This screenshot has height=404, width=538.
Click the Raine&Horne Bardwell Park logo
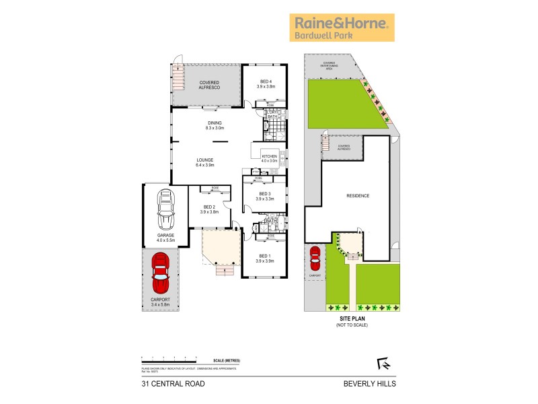(342, 27)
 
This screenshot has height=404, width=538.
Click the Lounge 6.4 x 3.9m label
(204, 162)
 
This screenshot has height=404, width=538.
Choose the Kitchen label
(269, 158)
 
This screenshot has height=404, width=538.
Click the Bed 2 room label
(208, 209)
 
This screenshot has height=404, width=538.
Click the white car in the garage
(165, 210)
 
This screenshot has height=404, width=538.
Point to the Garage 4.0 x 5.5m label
(165, 237)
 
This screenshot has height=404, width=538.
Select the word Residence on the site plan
(357, 195)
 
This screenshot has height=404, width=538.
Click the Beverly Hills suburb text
(370, 384)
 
